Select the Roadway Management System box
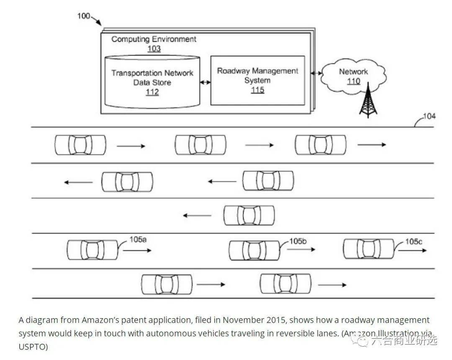coord(257,80)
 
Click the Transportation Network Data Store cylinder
coord(152,82)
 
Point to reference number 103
coord(154,49)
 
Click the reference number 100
coord(84,16)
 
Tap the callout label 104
coord(429,116)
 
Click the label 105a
coord(138,240)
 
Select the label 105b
coord(298,241)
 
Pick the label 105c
coord(413,242)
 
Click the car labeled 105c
coord(368,249)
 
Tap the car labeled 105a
coord(92,250)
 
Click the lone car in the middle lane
coord(249,216)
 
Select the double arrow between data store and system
coord(205,82)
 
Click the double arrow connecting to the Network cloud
coord(313,73)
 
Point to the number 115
coord(257,90)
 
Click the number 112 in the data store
coord(152,92)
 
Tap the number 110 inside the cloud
coord(354,81)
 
